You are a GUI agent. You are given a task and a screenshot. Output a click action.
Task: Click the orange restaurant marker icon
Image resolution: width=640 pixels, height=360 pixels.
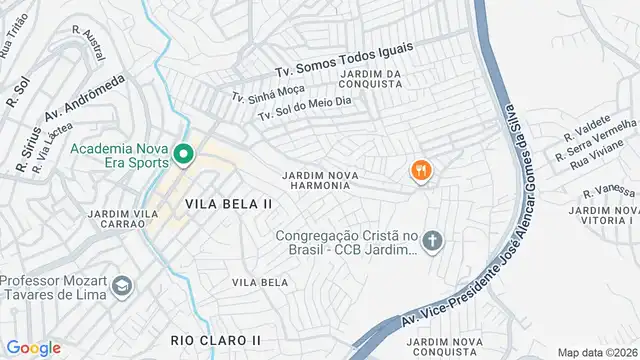pyautogui.click(x=420, y=171)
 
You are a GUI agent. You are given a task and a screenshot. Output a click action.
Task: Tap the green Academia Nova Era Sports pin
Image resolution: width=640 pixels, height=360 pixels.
pyautogui.click(x=183, y=155)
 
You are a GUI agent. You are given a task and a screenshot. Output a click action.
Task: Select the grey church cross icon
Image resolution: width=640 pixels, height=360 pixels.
pyautogui.click(x=432, y=241)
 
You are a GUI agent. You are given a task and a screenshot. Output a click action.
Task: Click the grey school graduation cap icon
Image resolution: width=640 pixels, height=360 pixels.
pyautogui.click(x=121, y=287)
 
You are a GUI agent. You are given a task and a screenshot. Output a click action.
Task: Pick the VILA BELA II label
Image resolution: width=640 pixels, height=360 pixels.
pyautogui.click(x=228, y=203)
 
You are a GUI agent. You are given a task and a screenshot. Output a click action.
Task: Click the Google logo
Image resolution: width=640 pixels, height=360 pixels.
pyautogui.click(x=33, y=348)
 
